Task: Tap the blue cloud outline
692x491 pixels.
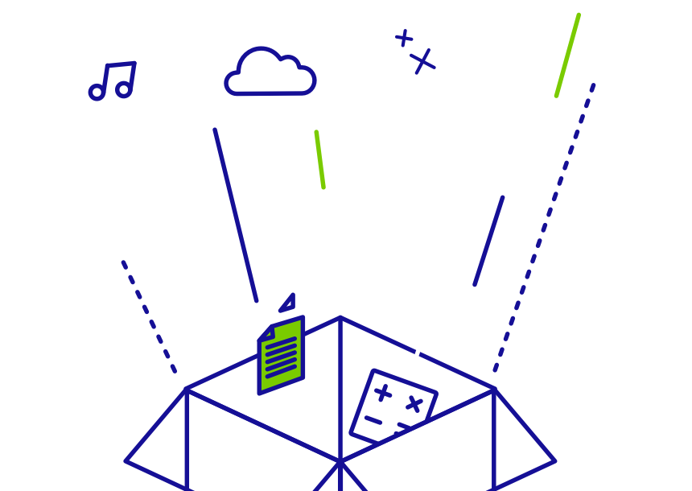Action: pos(270,75)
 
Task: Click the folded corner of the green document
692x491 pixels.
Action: pos(266,332)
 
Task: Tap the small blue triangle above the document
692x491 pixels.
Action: pos(289,303)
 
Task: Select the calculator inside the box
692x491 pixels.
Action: pos(393,407)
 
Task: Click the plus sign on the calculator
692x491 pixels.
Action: pos(383,393)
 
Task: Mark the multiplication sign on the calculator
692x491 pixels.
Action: pos(414,403)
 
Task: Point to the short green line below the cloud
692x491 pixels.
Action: pos(320,159)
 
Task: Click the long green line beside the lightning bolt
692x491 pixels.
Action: pos(567,55)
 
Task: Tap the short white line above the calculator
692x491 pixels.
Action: pos(417,354)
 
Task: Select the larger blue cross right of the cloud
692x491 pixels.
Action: pos(422,61)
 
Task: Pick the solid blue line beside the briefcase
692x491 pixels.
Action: pos(488,241)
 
